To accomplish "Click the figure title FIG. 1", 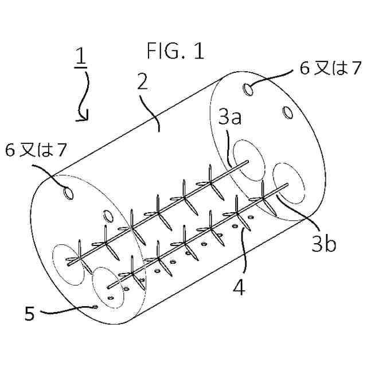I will tap(175, 52).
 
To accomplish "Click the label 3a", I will tap(229, 119).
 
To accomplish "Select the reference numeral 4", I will tap(239, 285).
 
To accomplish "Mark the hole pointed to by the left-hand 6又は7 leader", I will tap(68, 194).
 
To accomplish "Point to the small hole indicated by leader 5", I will tap(95, 307).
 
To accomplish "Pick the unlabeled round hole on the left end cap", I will tap(107, 217).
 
